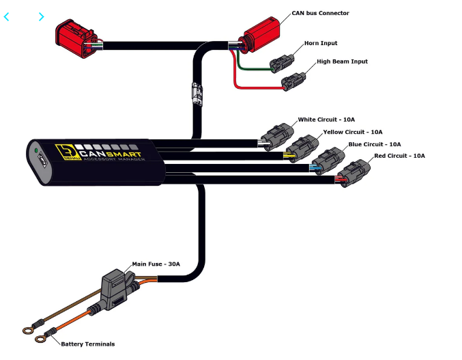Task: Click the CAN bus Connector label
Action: (x=320, y=13)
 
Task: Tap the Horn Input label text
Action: (x=321, y=44)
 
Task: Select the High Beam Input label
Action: (x=342, y=61)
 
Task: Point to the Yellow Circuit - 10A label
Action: (x=352, y=132)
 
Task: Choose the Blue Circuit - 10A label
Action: (x=375, y=144)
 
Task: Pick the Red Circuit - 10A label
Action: (x=399, y=156)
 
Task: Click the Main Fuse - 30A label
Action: (x=156, y=264)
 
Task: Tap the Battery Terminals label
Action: (x=88, y=344)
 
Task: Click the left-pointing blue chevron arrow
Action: (x=7, y=17)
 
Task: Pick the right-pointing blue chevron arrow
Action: (x=41, y=17)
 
